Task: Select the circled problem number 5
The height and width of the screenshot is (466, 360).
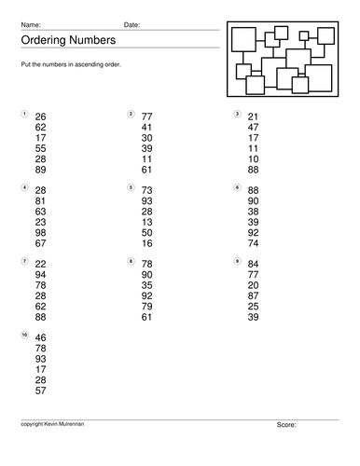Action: point(130,186)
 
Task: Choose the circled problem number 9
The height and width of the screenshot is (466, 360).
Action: point(237,260)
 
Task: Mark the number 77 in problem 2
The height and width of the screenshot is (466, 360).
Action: point(147,116)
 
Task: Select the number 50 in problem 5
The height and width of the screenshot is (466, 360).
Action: point(147,232)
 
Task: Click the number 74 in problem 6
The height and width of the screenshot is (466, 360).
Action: point(254,244)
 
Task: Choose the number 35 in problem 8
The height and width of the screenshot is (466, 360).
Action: point(147,285)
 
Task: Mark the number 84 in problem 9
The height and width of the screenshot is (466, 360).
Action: point(254,263)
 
